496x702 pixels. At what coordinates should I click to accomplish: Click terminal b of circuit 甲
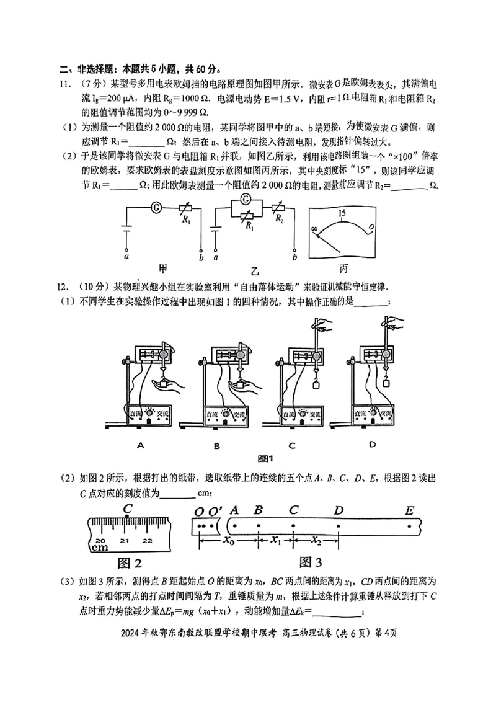(200, 256)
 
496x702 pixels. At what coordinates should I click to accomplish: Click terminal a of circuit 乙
(216, 256)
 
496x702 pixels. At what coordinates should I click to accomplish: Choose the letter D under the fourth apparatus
(372, 444)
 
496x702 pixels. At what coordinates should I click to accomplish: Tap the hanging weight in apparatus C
(314, 385)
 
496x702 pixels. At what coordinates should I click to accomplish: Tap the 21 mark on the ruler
(125, 541)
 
